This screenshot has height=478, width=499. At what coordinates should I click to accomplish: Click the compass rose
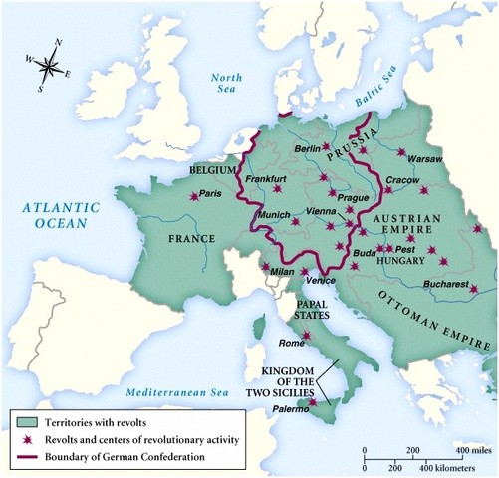[x=46, y=64]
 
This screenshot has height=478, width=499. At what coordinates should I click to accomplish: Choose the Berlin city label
[x=307, y=148]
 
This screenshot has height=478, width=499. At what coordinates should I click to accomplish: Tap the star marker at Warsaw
[x=400, y=152]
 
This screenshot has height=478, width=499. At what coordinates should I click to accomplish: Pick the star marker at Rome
[x=307, y=336]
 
